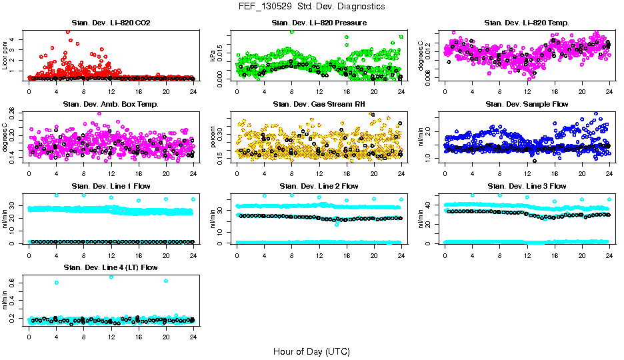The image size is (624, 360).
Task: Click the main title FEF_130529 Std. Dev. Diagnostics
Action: pyautogui.click(x=311, y=7)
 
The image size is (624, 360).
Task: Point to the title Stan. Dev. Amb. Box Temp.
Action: pyautogui.click(x=111, y=105)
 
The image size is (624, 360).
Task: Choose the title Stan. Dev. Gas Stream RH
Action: pyautogui.click(x=319, y=105)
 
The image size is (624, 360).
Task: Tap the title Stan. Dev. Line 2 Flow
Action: pyautogui.click(x=319, y=186)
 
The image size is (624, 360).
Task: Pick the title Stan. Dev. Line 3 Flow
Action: pyautogui.click(x=527, y=186)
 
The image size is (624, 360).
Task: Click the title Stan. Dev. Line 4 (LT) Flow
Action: pyautogui.click(x=111, y=267)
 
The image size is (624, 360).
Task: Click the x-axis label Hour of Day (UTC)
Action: pyautogui.click(x=311, y=351)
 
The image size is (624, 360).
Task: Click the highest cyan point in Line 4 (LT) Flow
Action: pyautogui.click(x=111, y=277)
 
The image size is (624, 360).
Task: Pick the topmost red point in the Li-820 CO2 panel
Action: pyautogui.click(x=68, y=31)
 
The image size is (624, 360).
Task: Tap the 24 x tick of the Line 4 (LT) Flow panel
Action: pyautogui.click(x=193, y=336)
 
